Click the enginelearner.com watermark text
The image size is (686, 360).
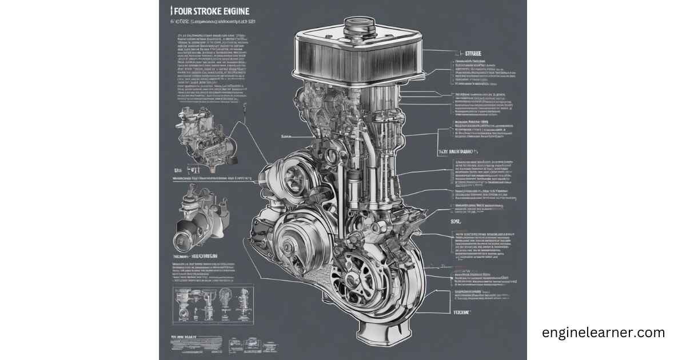(603, 333)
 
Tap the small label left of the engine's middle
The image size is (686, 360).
(286, 137)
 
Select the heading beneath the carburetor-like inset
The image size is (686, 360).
(197, 257)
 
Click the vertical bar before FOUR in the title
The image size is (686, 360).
(172, 11)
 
